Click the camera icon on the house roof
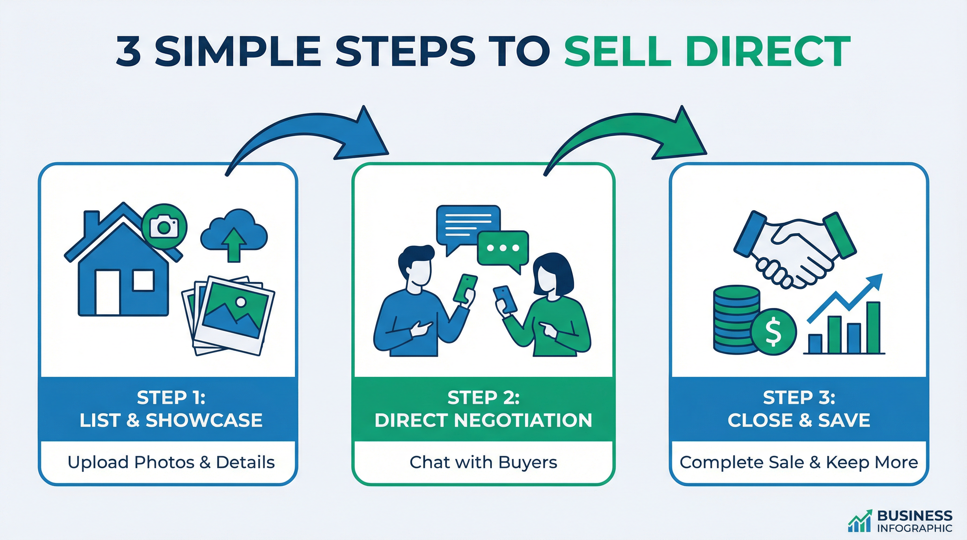point(164,226)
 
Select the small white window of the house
point(143,280)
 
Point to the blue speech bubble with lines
point(468,225)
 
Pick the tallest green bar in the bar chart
point(873,327)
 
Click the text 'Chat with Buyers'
point(483,462)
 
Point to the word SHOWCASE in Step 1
point(204,420)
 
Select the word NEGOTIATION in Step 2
point(523,420)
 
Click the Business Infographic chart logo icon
point(859,521)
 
